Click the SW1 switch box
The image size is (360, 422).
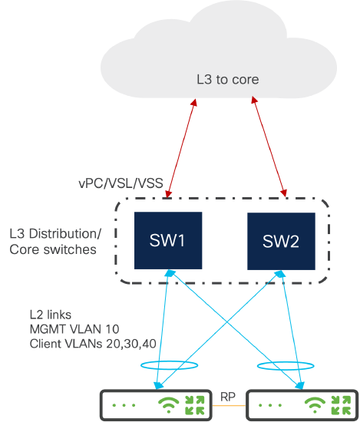[x=168, y=240]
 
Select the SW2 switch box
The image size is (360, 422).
[x=281, y=241]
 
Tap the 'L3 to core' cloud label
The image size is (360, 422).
[x=228, y=79]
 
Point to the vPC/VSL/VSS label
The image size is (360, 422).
[x=121, y=183]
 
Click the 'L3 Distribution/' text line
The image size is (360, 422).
[x=55, y=233]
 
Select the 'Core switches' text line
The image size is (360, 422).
[x=53, y=249]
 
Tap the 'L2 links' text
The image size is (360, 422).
[x=51, y=315]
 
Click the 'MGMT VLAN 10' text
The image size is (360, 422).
[x=74, y=329]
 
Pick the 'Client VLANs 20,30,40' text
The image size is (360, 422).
[x=93, y=344]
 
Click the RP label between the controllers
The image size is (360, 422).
[x=228, y=397]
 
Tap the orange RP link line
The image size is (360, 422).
[x=229, y=405]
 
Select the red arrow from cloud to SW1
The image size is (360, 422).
[x=182, y=148]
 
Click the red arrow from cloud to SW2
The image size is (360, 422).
[x=269, y=147]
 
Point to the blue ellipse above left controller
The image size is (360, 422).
[x=170, y=361]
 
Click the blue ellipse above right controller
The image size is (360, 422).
[x=286, y=362]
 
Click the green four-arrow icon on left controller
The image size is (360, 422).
[x=195, y=405]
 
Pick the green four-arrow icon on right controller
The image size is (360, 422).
[x=341, y=405]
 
